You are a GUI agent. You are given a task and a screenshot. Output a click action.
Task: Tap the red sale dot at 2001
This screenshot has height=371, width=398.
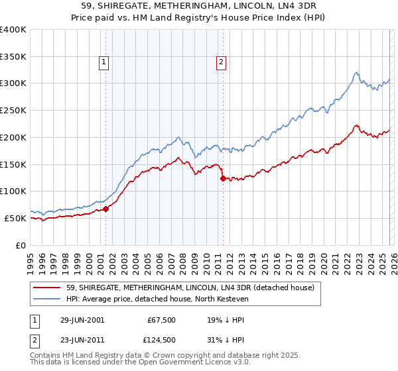[x=106, y=209]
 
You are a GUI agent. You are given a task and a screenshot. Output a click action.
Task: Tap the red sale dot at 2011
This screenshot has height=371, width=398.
[x=223, y=178]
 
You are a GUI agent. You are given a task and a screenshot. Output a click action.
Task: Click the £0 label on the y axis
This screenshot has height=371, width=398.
[x=21, y=245]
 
